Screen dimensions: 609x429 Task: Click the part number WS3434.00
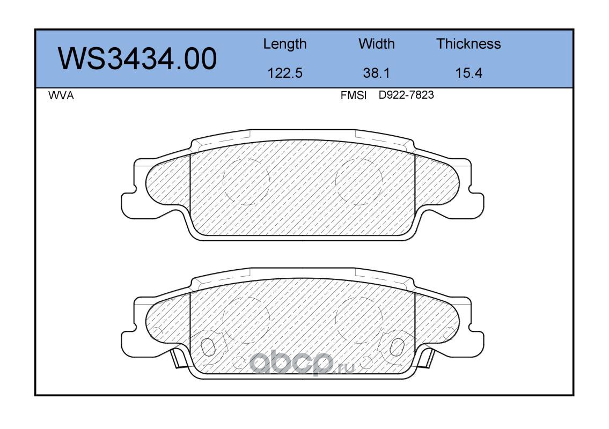137,59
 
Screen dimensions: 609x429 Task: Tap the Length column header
285,45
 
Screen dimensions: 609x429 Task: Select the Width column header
376,43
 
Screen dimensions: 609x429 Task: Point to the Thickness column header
468,43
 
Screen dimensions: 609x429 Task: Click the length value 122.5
285,73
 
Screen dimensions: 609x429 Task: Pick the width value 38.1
376,73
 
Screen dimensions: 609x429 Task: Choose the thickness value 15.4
468,73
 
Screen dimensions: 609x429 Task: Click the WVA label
61,95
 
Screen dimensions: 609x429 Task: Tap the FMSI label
354,95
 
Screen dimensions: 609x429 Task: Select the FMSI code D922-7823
406,95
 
